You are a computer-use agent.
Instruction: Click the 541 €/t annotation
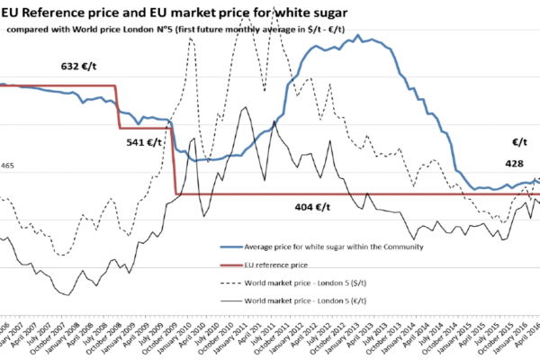click(x=142, y=141)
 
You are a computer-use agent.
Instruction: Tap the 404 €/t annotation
click(x=316, y=206)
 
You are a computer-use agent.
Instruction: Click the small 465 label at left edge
click(x=7, y=166)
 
